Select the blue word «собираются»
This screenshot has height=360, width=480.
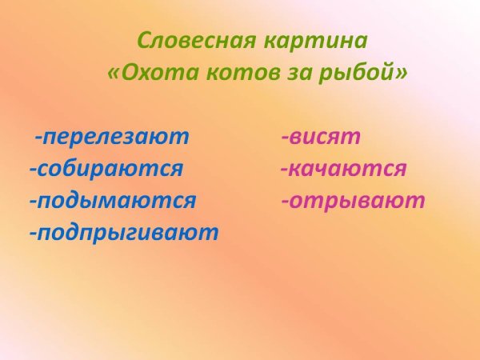pyautogui.click(x=110, y=170)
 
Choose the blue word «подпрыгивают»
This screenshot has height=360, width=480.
pyautogui.click(x=127, y=234)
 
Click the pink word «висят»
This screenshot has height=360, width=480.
pyautogui.click(x=326, y=137)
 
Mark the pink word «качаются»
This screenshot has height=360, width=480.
pyautogui.click(x=348, y=170)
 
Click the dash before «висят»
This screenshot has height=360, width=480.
pyautogui.click(x=285, y=138)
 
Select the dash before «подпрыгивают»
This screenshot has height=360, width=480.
pyautogui.click(x=33, y=234)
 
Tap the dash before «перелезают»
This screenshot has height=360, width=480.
pyautogui.click(x=38, y=138)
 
